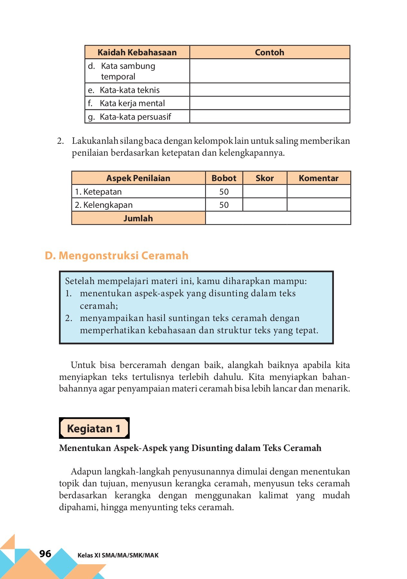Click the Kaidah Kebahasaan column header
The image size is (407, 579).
click(x=137, y=52)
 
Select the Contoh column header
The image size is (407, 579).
click(x=270, y=52)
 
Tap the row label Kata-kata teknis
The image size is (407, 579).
click(x=129, y=90)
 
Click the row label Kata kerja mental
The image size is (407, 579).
click(x=132, y=103)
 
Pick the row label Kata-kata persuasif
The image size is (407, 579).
click(x=135, y=117)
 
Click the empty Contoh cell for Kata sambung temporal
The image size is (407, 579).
click(x=270, y=71)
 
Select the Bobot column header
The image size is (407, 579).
click(x=224, y=178)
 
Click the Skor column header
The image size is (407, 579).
click(x=265, y=178)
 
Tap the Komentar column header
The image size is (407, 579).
click(x=318, y=178)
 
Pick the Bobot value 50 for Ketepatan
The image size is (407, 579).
click(x=224, y=192)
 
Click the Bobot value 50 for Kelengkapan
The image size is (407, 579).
click(x=224, y=205)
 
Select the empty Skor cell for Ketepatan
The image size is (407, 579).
click(x=265, y=192)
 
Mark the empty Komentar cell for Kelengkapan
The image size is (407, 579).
click(x=318, y=205)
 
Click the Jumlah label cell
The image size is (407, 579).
click(x=138, y=218)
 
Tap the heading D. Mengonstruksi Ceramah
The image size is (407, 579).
click(x=117, y=255)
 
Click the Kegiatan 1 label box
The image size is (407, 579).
click(x=94, y=428)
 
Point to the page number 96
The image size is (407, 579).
click(x=45, y=554)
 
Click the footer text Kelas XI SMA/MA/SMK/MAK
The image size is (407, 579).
click(x=118, y=555)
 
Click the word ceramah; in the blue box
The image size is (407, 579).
click(x=99, y=306)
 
